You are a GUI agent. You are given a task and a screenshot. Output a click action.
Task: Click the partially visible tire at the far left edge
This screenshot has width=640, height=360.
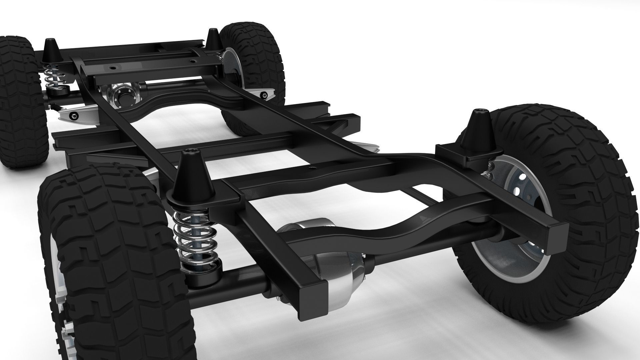click(20, 100)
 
